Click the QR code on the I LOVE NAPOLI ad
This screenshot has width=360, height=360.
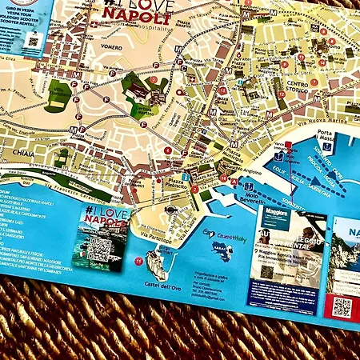click(98, 249)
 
